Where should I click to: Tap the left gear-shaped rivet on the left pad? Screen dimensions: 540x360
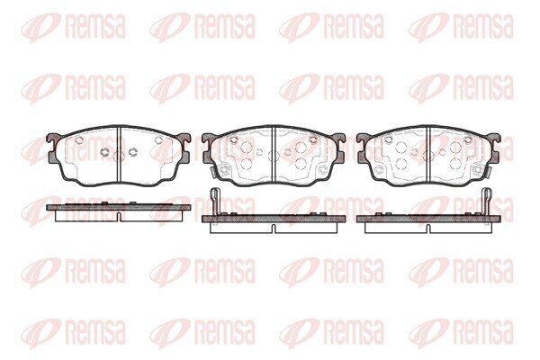(x=104, y=151)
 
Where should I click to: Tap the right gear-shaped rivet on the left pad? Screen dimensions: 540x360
(x=132, y=151)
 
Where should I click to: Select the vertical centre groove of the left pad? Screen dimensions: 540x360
(x=119, y=154)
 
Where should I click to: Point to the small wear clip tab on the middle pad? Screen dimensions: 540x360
(x=212, y=171)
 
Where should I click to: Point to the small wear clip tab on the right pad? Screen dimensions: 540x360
(x=486, y=171)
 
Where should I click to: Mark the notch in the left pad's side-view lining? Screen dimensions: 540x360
(x=119, y=217)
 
